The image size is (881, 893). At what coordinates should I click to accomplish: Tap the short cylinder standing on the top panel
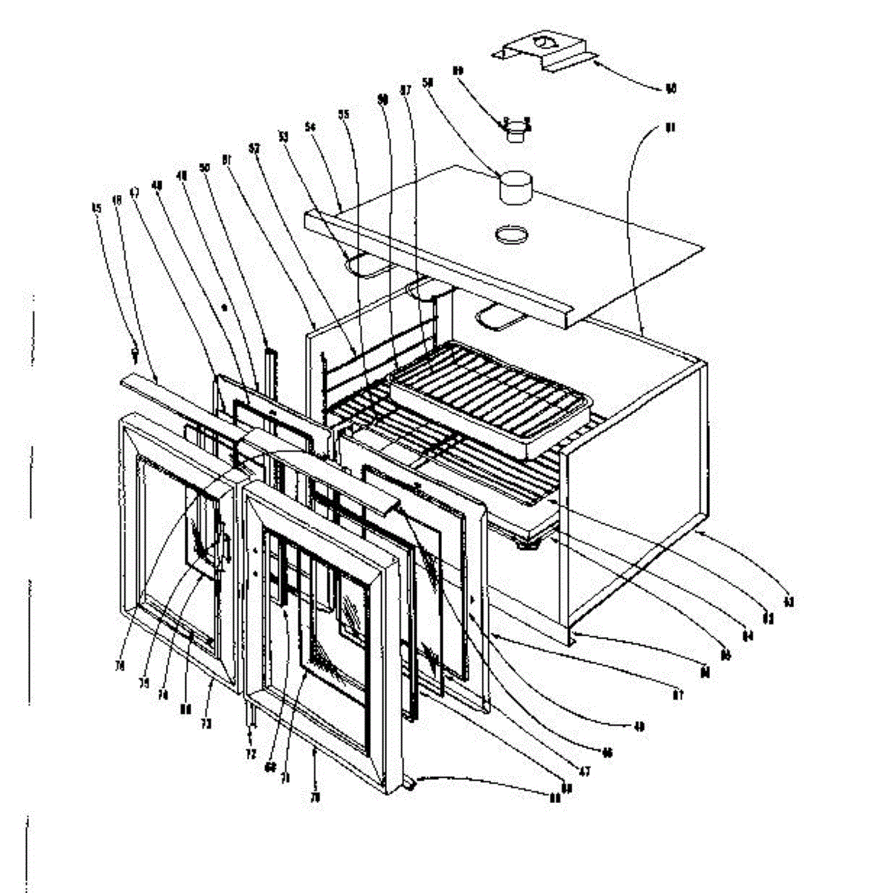click(515, 186)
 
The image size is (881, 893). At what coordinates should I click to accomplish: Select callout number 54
click(310, 128)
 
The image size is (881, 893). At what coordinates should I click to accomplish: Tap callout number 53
click(283, 136)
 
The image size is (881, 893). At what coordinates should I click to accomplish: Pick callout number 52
click(254, 148)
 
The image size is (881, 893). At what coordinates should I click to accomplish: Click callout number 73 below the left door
click(206, 723)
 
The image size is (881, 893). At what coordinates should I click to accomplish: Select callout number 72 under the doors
click(251, 754)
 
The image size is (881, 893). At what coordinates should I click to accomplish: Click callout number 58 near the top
click(427, 84)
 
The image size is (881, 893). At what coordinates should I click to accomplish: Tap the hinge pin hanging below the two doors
click(251, 718)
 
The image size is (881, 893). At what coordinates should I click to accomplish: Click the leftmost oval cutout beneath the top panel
click(363, 266)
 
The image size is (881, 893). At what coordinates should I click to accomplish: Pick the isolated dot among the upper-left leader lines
click(223, 306)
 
